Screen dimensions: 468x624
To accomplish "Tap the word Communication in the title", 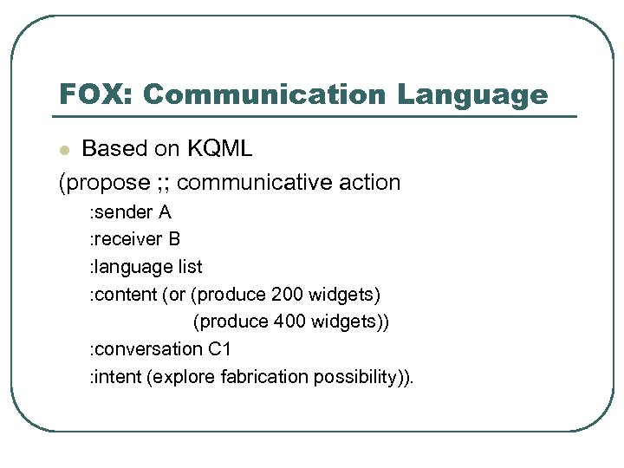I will [262, 94].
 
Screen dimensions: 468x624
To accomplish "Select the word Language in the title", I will [473, 94].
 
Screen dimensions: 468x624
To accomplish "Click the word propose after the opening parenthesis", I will [107, 183].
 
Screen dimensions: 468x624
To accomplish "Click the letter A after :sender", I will [164, 211].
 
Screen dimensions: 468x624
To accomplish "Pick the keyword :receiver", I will [125, 239].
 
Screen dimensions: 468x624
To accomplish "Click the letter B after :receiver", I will [174, 239].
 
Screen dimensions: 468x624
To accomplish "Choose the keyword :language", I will [128, 267].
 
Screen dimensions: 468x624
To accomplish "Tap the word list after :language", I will [188, 267].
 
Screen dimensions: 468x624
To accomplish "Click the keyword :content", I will [123, 295].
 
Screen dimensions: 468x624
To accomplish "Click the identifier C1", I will [219, 349].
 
